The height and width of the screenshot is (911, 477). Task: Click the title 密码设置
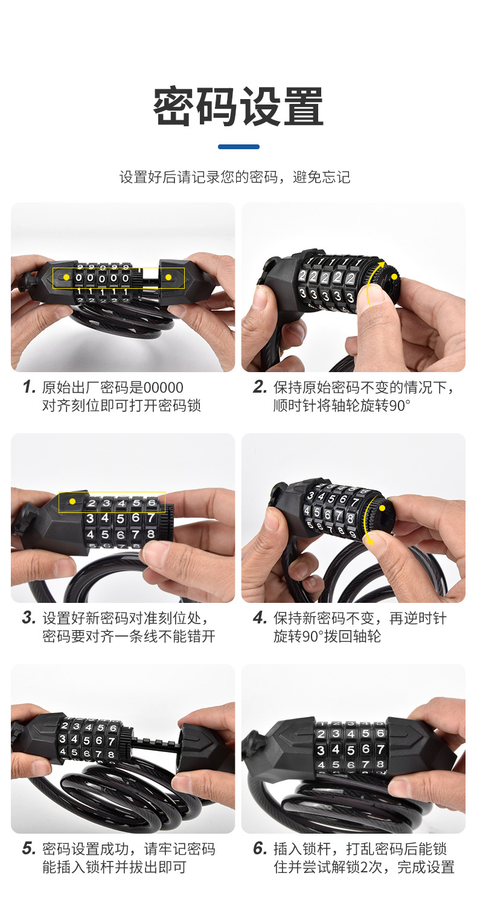(238, 106)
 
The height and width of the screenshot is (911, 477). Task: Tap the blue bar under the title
(238, 147)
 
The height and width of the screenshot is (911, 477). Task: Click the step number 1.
(29, 387)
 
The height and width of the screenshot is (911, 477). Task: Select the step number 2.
(260, 387)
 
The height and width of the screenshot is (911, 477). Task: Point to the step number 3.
(29, 617)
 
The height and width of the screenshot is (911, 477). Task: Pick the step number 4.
(260, 617)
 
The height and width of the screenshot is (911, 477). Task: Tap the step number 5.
(29, 848)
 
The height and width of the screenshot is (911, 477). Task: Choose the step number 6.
(260, 848)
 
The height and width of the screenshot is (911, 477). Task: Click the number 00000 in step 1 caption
(164, 388)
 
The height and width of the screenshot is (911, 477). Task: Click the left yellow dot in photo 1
(66, 277)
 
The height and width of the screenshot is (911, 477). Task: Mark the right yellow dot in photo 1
(168, 277)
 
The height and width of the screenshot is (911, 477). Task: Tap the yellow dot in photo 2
(394, 277)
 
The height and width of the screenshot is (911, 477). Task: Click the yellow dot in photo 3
(72, 501)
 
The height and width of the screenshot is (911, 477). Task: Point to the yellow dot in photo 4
(382, 508)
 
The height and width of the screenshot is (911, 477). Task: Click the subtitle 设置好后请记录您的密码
(199, 177)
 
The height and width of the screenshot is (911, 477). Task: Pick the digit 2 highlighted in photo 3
(92, 503)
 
